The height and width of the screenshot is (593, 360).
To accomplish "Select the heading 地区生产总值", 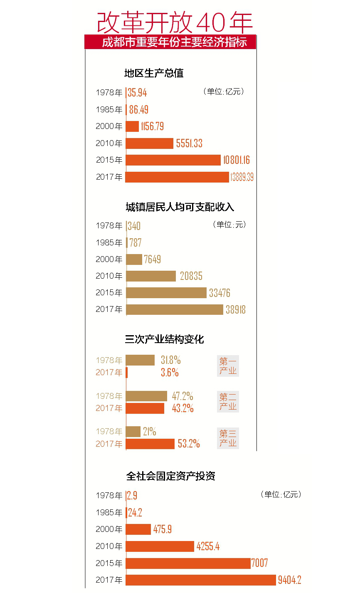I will click(154, 73).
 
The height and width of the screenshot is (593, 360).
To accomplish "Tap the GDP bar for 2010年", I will click(149, 143).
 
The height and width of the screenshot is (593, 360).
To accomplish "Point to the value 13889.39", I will click(242, 177).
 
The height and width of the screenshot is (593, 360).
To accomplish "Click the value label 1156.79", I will click(152, 126).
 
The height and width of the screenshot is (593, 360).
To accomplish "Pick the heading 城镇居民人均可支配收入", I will click(180, 207).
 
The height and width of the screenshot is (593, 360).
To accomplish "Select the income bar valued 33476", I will click(166, 293).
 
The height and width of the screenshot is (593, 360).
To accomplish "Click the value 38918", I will click(235, 310).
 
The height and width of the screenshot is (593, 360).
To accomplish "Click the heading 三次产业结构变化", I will click(164, 339).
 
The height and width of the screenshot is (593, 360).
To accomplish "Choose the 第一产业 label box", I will click(228, 366).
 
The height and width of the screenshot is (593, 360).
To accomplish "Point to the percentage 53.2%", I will click(189, 444).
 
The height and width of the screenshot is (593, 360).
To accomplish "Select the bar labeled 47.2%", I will click(146, 396).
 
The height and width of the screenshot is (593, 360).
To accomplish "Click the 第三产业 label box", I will click(228, 438).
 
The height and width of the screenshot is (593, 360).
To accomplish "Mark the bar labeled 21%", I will click(133, 432).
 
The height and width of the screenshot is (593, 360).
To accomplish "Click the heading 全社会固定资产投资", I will click(170, 476).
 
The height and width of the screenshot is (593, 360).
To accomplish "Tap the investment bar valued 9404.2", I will click(201, 580).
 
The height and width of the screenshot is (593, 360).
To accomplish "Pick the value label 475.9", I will click(162, 529).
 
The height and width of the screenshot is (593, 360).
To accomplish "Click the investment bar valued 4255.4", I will click(160, 546).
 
